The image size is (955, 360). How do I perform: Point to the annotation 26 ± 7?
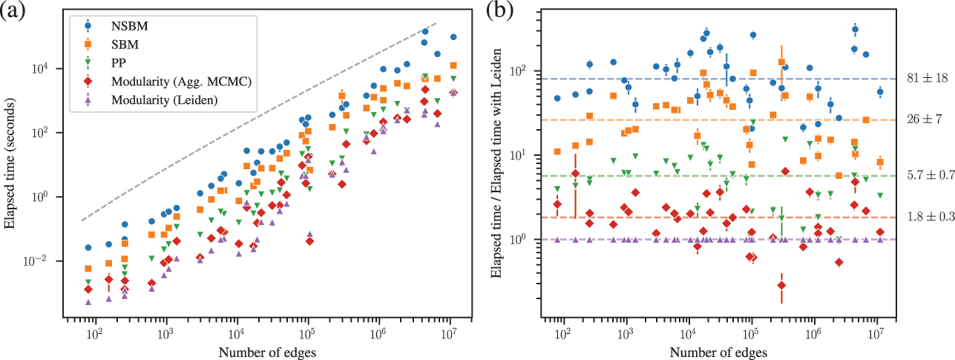point(922,120)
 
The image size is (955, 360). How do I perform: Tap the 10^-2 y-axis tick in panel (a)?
point(57,261)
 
